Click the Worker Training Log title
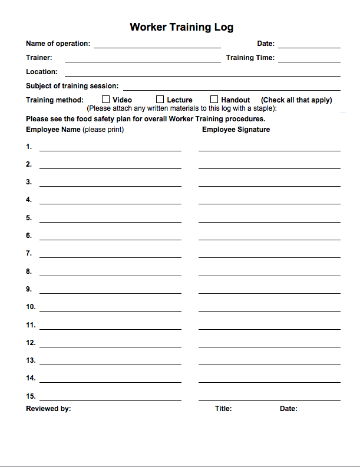point(181,27)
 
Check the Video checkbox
point(107,100)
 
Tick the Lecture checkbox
point(160,100)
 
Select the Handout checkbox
point(214,100)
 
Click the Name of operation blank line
point(157,46)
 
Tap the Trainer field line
point(143,60)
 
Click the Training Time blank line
point(309,60)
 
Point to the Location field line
point(202,74)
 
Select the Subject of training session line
point(231,88)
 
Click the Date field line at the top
point(309,46)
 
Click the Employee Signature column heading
point(236,130)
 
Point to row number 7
point(29,253)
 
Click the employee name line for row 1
point(110,150)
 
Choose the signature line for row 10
point(269,310)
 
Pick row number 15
point(31,396)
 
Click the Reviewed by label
point(48,409)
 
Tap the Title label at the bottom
point(223,409)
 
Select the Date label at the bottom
point(288,409)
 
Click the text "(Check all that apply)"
point(296,100)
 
